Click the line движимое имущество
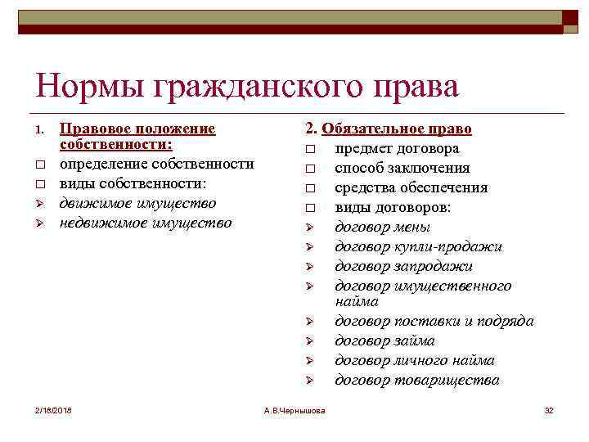pyautogui.click(x=137, y=203)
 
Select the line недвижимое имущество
pyautogui.click(x=146, y=223)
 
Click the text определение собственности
pyautogui.click(x=156, y=164)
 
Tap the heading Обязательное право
pyautogui.click(x=397, y=129)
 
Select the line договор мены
pyautogui.click(x=382, y=228)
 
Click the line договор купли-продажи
pyautogui.click(x=418, y=247)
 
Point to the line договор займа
pyautogui.click(x=384, y=341)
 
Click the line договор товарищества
pyautogui.click(x=416, y=381)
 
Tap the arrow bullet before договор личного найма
pyautogui.click(x=311, y=361)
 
